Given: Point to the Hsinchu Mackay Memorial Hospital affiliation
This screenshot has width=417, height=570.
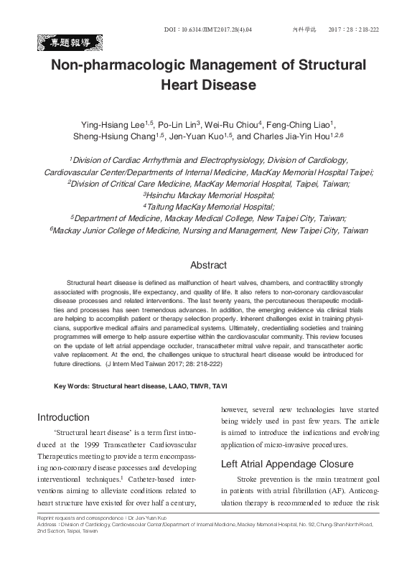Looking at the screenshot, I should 209,195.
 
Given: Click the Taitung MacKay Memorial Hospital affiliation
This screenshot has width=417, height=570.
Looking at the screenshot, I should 209,207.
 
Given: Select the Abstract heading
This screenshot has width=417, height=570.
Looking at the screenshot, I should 208,266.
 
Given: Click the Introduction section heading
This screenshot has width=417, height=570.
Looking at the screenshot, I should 63,417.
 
